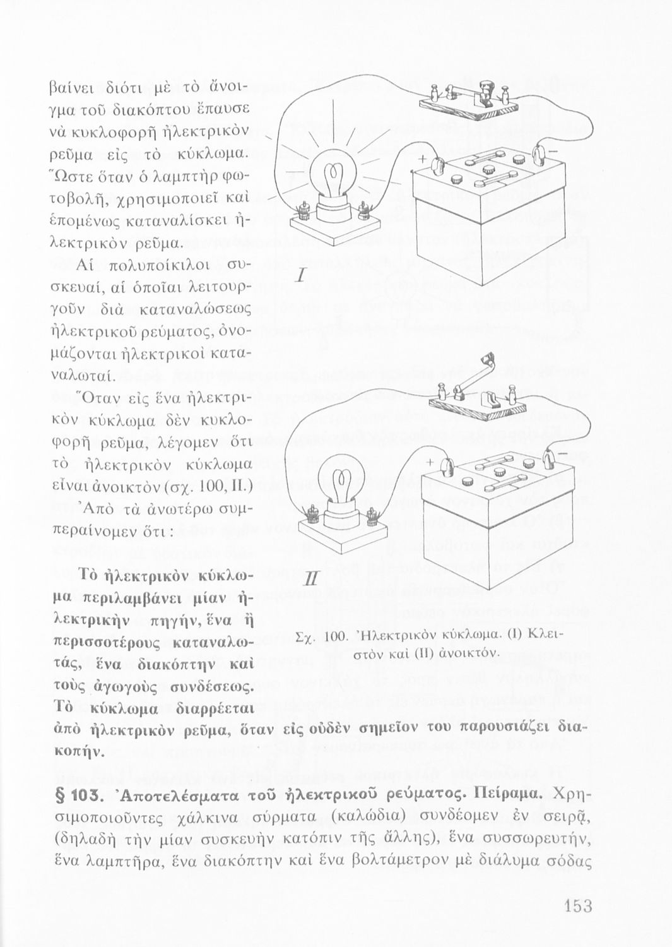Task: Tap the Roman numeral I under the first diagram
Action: tap(301, 277)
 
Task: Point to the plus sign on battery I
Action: tap(417, 158)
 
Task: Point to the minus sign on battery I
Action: tap(553, 153)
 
